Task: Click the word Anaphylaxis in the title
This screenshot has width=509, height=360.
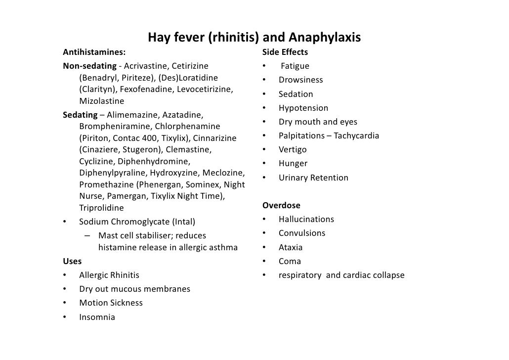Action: click(x=325, y=38)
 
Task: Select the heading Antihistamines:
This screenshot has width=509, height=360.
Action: click(x=94, y=52)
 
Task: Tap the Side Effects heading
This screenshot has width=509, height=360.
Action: click(x=285, y=52)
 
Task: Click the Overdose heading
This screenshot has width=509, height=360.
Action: click(x=281, y=205)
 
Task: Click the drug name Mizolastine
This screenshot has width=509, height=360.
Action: click(x=102, y=101)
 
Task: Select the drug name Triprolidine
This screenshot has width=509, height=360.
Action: click(x=101, y=208)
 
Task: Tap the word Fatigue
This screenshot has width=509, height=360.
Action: click(x=295, y=66)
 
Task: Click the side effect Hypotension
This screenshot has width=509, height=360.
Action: click(x=303, y=108)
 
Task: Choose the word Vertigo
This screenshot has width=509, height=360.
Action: click(x=293, y=149)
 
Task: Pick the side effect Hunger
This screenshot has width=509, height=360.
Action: click(x=293, y=163)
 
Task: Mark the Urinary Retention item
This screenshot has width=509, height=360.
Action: click(x=313, y=178)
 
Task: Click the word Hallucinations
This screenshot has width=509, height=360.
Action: click(x=306, y=219)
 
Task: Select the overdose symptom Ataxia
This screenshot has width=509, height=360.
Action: click(x=291, y=247)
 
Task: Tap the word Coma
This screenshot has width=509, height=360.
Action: click(x=290, y=261)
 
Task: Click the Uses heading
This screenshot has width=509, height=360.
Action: click(x=73, y=261)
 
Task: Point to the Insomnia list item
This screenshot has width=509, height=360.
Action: click(x=97, y=317)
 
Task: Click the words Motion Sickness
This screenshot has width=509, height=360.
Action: click(x=111, y=303)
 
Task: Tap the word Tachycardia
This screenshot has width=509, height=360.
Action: click(x=356, y=135)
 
